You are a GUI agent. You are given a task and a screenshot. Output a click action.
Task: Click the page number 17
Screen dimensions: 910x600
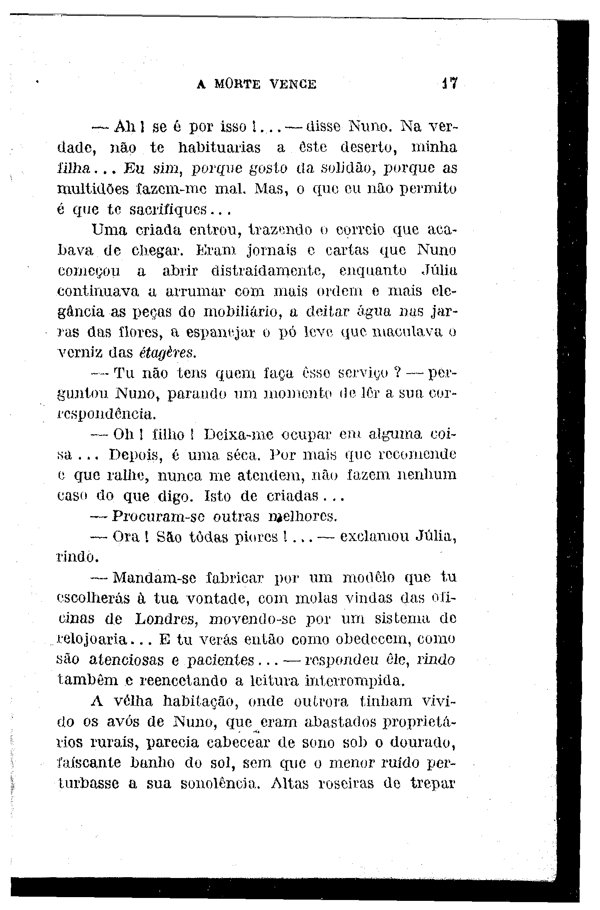pyautogui.click(x=450, y=84)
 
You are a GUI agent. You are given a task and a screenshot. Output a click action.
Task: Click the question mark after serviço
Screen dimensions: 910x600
pyautogui.click(x=396, y=373)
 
